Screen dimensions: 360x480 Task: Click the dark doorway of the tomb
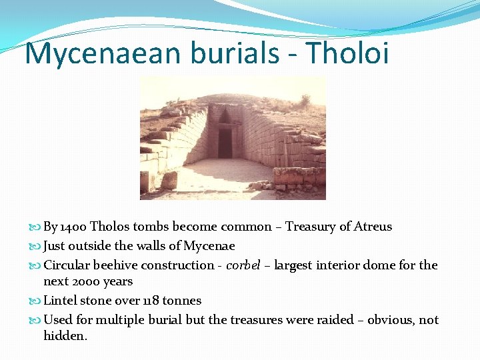click(x=225, y=143)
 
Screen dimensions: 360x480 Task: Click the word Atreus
click(x=373, y=227)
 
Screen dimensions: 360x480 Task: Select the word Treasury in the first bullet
click(x=311, y=227)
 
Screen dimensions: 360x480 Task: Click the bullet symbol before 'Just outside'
click(x=36, y=247)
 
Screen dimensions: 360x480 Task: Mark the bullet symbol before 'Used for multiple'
click(x=36, y=321)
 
